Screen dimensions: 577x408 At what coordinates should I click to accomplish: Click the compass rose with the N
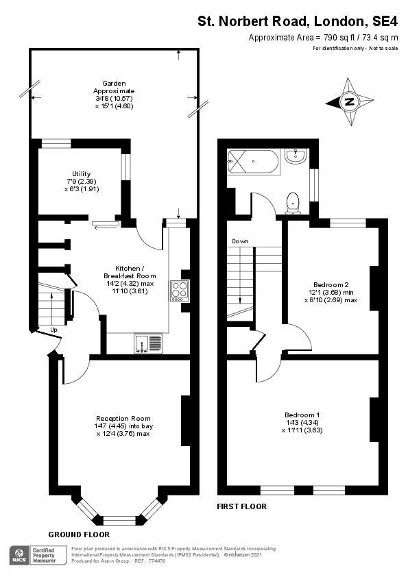click(350, 103)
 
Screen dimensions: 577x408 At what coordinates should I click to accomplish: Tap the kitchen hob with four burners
click(179, 291)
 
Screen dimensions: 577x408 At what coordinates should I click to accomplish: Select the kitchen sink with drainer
click(148, 342)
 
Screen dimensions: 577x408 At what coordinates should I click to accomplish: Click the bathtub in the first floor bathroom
click(252, 162)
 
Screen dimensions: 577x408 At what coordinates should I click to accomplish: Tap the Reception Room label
click(123, 426)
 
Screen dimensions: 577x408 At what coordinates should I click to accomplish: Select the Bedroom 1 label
click(302, 422)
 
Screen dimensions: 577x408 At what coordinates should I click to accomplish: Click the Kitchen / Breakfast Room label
click(121, 280)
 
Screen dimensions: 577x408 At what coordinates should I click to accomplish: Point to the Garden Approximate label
click(114, 95)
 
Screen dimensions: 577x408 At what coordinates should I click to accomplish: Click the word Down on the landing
click(240, 241)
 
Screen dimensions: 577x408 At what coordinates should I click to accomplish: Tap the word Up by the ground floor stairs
click(53, 330)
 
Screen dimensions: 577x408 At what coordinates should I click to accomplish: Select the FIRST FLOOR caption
click(241, 506)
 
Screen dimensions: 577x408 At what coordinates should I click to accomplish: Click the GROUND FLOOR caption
click(79, 534)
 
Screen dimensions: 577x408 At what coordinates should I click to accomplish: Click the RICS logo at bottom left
click(19, 554)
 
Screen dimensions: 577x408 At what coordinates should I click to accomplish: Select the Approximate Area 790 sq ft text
click(322, 37)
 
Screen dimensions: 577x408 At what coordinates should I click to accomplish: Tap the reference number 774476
click(156, 561)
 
